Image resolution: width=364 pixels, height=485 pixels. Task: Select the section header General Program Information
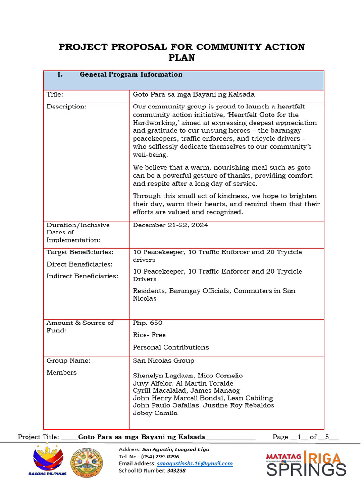[x=131, y=75]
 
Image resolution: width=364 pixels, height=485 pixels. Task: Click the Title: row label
[x=55, y=95]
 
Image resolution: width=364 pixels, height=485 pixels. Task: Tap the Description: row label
[x=66, y=107]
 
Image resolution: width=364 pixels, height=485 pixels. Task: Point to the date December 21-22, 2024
[x=170, y=225]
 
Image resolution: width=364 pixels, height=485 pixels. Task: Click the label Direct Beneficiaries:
[x=79, y=264]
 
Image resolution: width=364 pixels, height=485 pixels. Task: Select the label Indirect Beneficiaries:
[x=82, y=276]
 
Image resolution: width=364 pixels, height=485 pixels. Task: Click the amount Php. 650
[x=147, y=323]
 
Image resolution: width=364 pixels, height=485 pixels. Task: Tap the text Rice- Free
[x=149, y=335]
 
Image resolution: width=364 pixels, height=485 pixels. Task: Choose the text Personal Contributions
[x=171, y=347]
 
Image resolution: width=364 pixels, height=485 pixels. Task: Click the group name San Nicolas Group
[x=164, y=361]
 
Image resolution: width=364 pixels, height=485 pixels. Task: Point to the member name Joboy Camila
[x=155, y=413]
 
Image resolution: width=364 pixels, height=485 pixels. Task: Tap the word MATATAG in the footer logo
[x=283, y=457]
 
